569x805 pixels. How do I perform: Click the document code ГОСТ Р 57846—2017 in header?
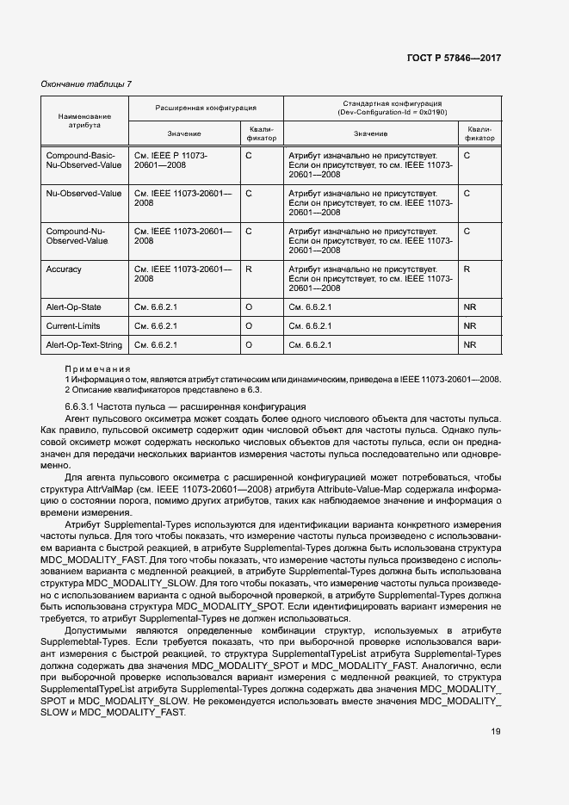coord(453,58)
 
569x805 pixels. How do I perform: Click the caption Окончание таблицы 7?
coord(87,84)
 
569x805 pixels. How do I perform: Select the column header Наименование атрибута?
coord(84,121)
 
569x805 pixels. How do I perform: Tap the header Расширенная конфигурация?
coord(205,108)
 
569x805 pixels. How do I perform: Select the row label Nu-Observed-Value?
coord(83,194)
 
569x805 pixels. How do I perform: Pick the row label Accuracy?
coord(64,269)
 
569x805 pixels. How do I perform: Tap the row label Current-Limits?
coord(72,326)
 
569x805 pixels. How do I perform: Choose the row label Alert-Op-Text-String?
coord(83,345)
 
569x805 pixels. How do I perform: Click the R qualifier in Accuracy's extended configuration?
coord(249,269)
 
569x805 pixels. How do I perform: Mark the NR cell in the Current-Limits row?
coord(470,326)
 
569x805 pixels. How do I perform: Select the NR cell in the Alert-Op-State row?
coord(470,307)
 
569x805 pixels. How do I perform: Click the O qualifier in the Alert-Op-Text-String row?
coord(249,345)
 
